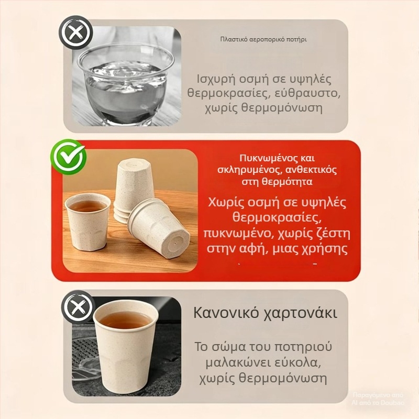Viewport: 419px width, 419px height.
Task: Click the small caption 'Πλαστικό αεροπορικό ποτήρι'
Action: point(263,39)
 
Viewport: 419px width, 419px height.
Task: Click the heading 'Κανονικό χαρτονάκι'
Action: point(265,313)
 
